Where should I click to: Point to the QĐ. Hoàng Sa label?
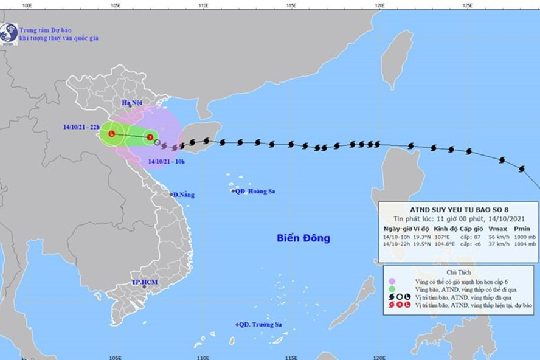click(255, 191)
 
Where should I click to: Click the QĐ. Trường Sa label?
click(260, 324)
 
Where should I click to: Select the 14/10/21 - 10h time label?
click(168, 162)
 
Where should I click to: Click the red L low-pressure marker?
click(112, 134)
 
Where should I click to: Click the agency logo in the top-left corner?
click(9, 33)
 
